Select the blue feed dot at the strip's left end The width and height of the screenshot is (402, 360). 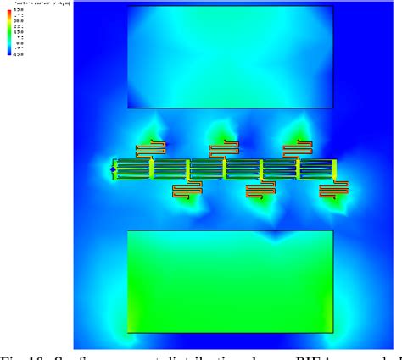click(114, 169)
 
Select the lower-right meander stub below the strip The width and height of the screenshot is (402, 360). click(334, 191)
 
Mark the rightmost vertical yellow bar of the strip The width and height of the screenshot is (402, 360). click(336, 169)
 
